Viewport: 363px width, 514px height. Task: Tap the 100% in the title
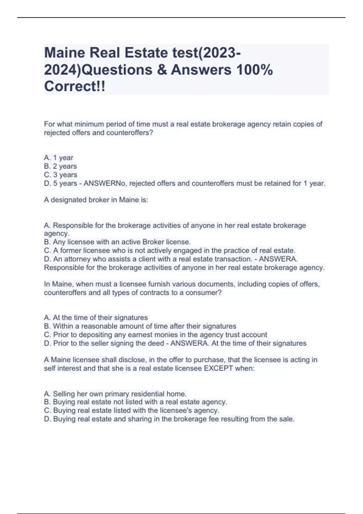pyautogui.click(x=254, y=70)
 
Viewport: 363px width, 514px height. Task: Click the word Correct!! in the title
pyautogui.click(x=75, y=86)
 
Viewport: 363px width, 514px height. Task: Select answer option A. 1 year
pyautogui.click(x=59, y=158)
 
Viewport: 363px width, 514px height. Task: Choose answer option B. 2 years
pyautogui.click(x=60, y=166)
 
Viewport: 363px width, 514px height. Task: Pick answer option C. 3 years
pyautogui.click(x=60, y=175)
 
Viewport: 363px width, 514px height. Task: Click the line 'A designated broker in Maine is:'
pyautogui.click(x=96, y=200)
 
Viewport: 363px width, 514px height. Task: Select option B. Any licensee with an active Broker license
pyautogui.click(x=117, y=242)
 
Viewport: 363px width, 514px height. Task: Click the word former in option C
pyautogui.click(x=71, y=251)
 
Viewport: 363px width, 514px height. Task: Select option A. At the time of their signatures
pyautogui.click(x=96, y=317)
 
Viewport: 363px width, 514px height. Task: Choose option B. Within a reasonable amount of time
pyautogui.click(x=140, y=326)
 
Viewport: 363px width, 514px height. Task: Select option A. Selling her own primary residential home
pyautogui.click(x=115, y=394)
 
